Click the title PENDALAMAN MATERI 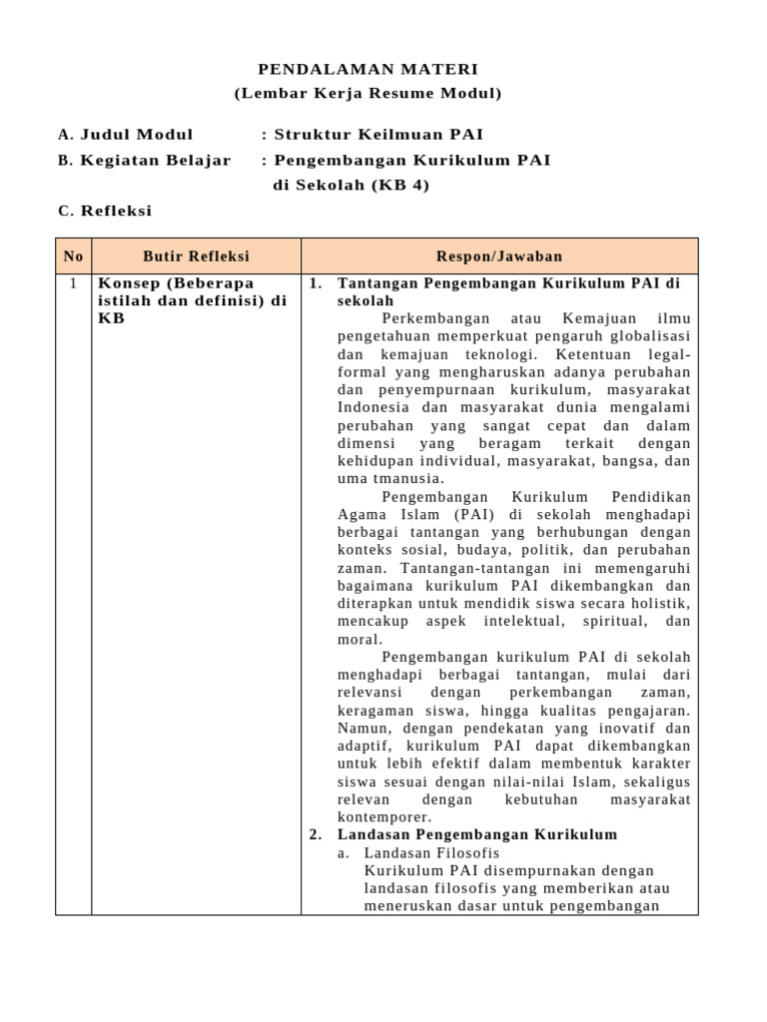[x=368, y=69]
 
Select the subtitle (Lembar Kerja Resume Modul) [x=368, y=94]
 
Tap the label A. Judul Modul [x=126, y=135]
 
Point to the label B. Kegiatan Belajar [x=145, y=160]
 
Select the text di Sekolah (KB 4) [x=351, y=185]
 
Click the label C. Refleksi [x=105, y=211]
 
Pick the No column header [x=73, y=256]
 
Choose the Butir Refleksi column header [x=196, y=256]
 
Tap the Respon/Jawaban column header [x=499, y=256]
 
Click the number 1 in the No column [x=73, y=283]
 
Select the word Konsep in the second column [x=126, y=283]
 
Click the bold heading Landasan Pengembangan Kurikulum [x=477, y=834]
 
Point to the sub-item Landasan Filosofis [x=431, y=853]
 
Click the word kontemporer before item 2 [x=384, y=816]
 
